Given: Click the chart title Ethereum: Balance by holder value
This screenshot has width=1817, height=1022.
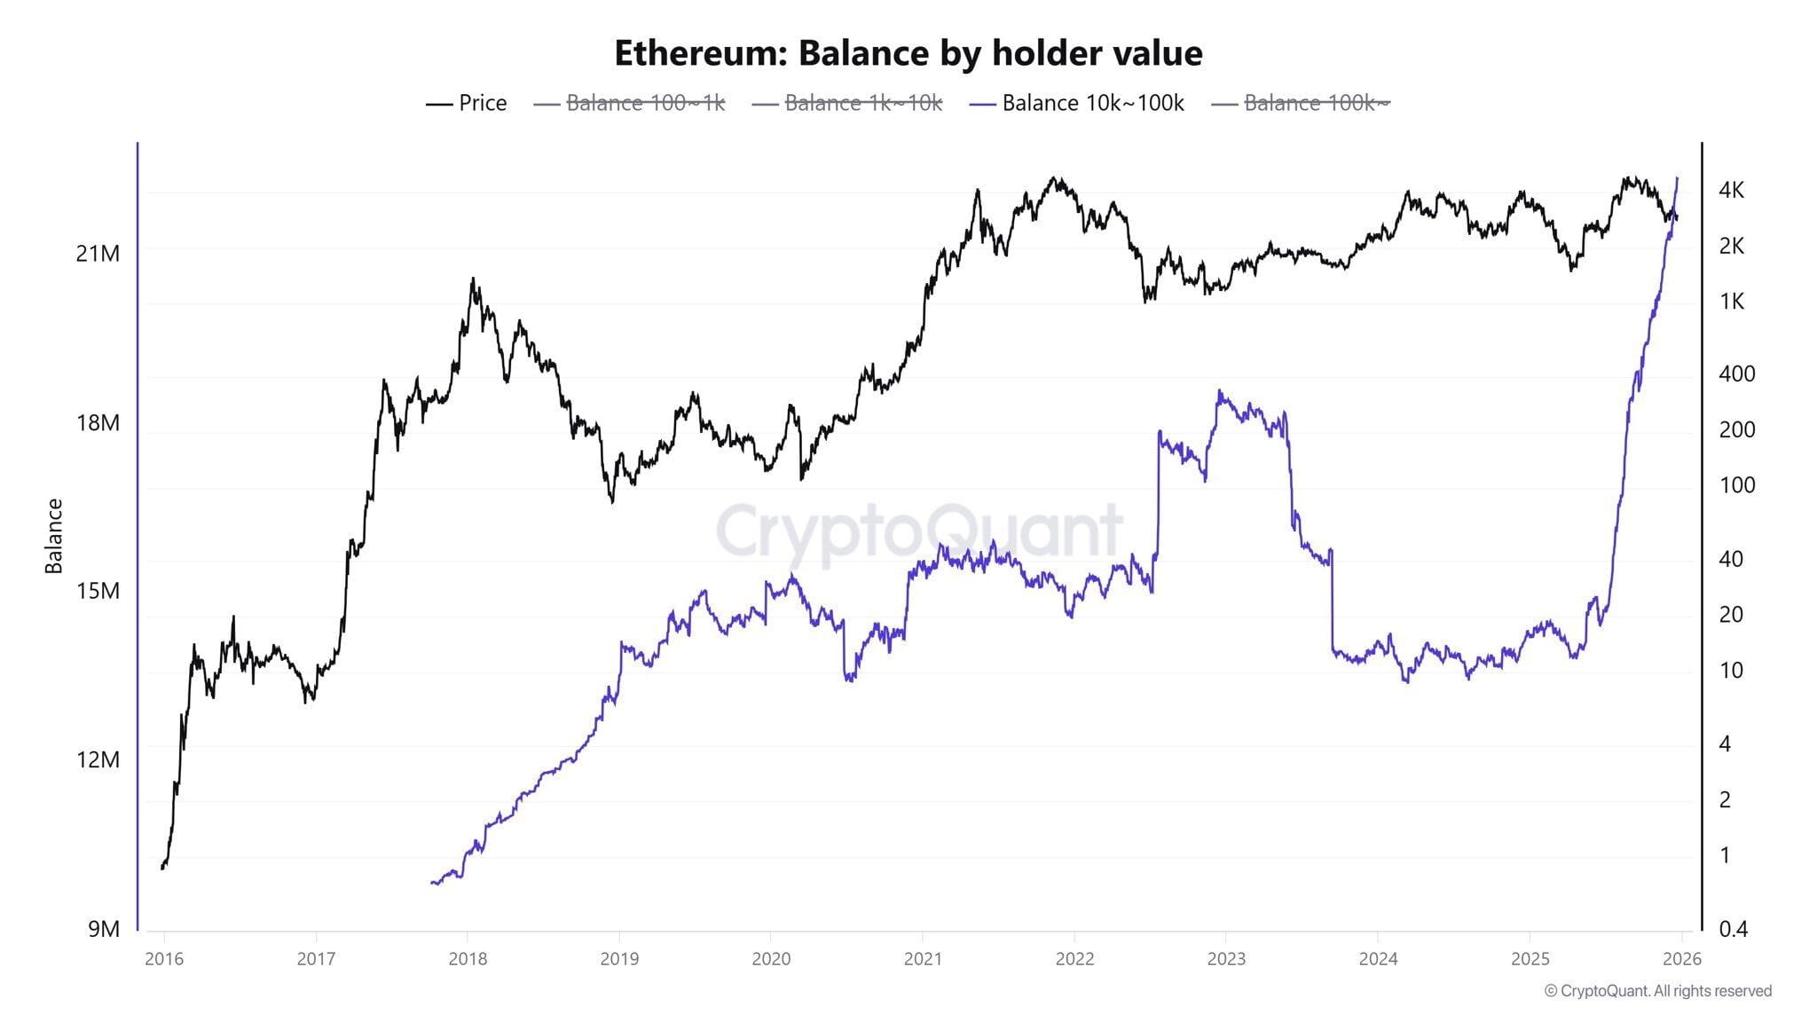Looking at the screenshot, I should tap(908, 53).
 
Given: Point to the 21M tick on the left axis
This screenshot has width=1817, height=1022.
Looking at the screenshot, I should tap(98, 254).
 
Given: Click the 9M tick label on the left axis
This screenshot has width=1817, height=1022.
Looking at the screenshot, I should tap(103, 929).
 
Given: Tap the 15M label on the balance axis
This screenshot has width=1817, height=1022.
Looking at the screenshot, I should tap(98, 591).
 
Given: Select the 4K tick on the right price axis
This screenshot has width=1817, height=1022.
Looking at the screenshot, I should tap(1731, 190).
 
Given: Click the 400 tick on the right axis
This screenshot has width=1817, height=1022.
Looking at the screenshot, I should tap(1736, 373).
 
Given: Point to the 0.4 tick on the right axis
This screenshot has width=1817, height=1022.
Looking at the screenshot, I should tap(1733, 929).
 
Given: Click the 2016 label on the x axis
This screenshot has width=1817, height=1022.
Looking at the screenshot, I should tap(164, 959).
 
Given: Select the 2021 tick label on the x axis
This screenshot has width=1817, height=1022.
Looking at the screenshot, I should tap(923, 959).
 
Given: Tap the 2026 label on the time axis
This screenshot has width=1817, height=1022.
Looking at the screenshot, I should tap(1681, 959).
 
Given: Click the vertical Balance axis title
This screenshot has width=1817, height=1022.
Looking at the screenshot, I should tap(54, 536).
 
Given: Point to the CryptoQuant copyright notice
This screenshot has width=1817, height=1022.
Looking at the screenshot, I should tap(1657, 991).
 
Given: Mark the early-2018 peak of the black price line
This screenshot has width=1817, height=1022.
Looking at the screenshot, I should tap(473, 279).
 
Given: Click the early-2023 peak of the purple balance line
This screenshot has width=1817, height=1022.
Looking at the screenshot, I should tap(1220, 391).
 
